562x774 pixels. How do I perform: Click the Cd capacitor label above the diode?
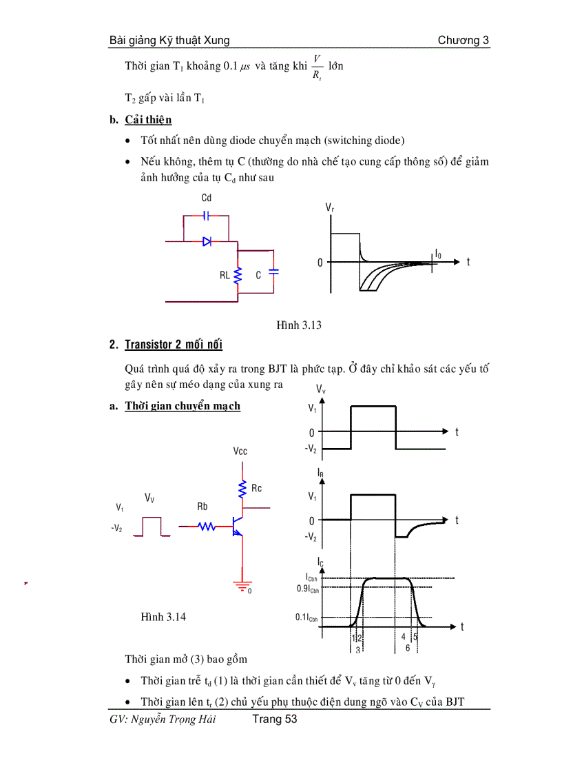206,198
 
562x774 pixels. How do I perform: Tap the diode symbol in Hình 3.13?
206,241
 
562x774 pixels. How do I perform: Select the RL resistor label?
225,275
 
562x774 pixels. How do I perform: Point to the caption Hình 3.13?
299,325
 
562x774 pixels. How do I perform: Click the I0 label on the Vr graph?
438,254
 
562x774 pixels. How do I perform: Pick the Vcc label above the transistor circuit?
240,451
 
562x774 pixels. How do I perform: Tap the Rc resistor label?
256,489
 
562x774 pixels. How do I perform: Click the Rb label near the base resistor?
202,507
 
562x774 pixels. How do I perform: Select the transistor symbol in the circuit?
238,527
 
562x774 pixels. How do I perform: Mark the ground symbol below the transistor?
242,586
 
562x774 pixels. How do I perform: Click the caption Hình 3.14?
163,617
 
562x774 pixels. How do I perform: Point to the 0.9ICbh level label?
307,589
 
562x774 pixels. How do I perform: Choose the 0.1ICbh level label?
307,618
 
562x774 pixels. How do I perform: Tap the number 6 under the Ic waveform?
408,649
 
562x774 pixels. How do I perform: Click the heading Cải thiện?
148,120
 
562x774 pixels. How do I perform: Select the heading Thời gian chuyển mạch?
183,406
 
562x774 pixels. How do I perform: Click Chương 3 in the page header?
464,41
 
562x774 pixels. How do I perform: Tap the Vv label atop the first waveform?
321,391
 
